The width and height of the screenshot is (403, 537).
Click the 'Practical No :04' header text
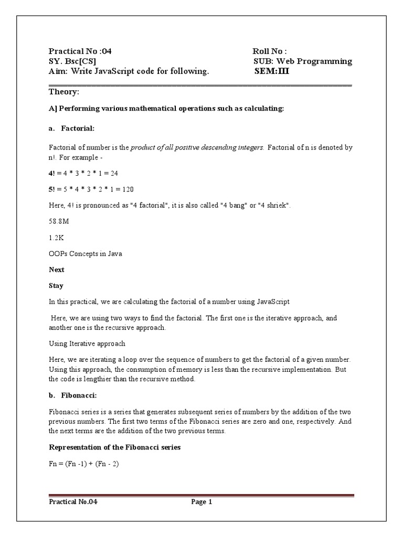80,51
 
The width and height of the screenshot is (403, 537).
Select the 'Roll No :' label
270,51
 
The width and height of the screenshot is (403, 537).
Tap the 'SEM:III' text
271,71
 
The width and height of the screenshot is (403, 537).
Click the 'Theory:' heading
64,92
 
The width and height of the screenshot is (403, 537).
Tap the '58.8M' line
59,221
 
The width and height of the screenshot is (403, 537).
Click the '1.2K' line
56,238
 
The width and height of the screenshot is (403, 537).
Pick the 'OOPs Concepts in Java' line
86,254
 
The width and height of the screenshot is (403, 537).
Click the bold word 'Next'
57,270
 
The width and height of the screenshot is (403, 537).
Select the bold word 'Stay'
56,286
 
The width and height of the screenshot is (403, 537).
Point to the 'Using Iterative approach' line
87,343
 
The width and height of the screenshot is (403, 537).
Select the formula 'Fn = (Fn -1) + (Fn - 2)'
84,464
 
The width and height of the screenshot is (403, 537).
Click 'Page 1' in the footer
201,502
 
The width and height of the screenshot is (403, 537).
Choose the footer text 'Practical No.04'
73,502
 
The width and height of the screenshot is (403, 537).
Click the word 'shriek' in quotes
275,205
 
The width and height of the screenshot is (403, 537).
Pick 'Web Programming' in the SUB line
320,61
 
